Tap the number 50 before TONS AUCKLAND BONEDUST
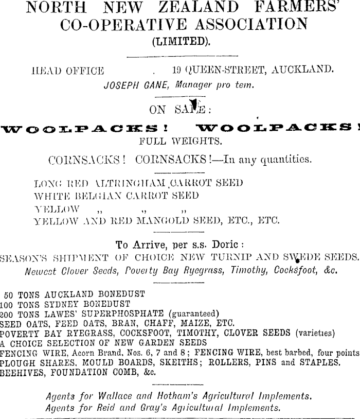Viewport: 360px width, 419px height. [9, 295]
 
